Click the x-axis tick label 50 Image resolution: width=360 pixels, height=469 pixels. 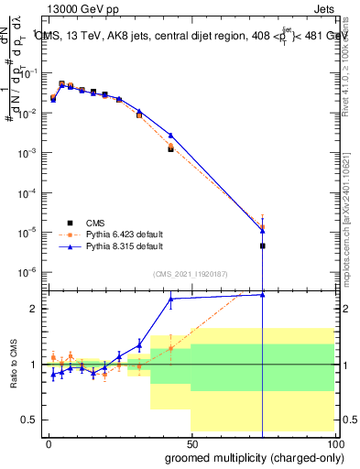coord(191,442)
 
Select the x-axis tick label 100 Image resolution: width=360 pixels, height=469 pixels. coord(332,442)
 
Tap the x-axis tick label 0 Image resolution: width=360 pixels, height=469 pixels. coord(48,442)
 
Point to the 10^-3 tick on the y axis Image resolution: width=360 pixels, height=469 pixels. coord(30,153)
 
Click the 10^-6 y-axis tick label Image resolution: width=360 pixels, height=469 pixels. coord(30,272)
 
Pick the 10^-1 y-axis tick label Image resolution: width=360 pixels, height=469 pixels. coord(30,73)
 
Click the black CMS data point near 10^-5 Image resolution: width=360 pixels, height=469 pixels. coord(263,245)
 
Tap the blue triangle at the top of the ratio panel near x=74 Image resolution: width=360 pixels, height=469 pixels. coord(263,294)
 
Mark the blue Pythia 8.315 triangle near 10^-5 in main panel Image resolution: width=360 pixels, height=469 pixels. coord(263,231)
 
